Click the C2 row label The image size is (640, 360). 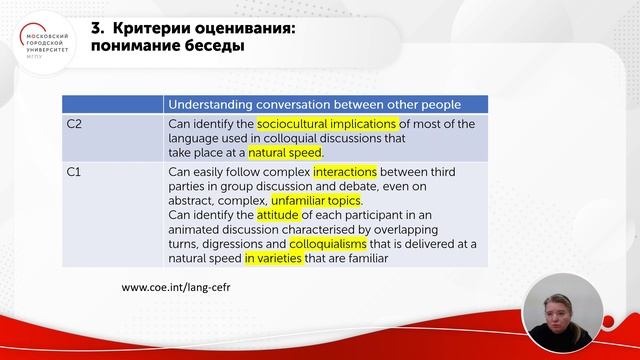[x=74, y=124]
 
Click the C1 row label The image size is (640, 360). [x=74, y=172]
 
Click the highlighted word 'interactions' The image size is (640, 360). [x=344, y=172]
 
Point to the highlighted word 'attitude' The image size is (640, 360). [x=277, y=215]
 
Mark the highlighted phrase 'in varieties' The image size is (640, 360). [x=278, y=258]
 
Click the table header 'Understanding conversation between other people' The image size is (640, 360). [x=313, y=104]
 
